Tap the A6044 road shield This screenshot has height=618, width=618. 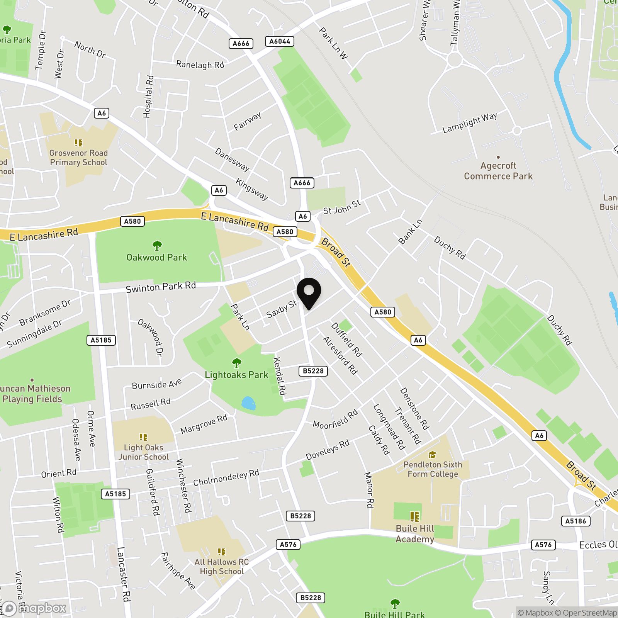[x=280, y=41]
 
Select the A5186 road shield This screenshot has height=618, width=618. [x=576, y=521]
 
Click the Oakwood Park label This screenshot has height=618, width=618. [x=156, y=257]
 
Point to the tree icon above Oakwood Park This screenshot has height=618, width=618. [x=157, y=245]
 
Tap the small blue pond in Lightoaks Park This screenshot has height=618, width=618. [x=248, y=403]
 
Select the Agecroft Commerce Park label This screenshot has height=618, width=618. [x=498, y=171]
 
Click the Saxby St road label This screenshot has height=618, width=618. [x=282, y=309]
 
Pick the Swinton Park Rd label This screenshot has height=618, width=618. [x=161, y=287]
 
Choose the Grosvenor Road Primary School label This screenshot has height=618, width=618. [x=78, y=158]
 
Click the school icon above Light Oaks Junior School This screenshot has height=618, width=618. [x=143, y=437]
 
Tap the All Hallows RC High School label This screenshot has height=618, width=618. [x=221, y=567]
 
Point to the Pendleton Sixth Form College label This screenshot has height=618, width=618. [x=433, y=469]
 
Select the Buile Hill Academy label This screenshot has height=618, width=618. [x=415, y=533]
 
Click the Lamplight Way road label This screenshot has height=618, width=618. [x=470, y=122]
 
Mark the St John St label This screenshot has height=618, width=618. [x=342, y=207]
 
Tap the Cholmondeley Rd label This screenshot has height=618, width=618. [x=226, y=478]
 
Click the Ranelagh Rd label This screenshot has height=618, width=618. [x=200, y=65]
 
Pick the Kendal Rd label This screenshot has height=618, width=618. [x=279, y=376]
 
